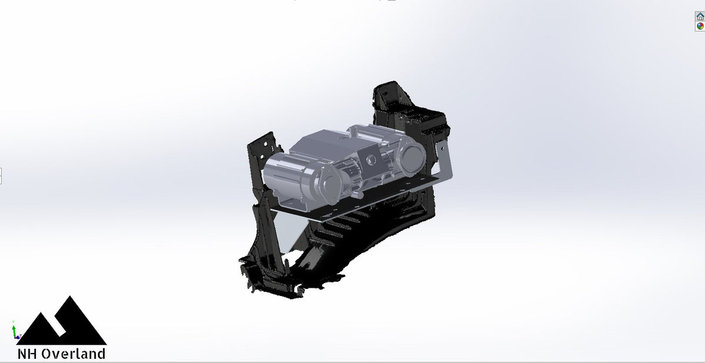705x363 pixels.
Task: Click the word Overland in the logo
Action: pyautogui.click(x=73, y=354)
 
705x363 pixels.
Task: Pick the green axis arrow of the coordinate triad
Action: pyautogui.click(x=13, y=327)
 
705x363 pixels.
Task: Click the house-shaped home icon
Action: pyautogui.click(x=700, y=18)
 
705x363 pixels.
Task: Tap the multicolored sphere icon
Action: pyautogui.click(x=700, y=26)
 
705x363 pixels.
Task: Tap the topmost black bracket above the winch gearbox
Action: pyautogui.click(x=385, y=97)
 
